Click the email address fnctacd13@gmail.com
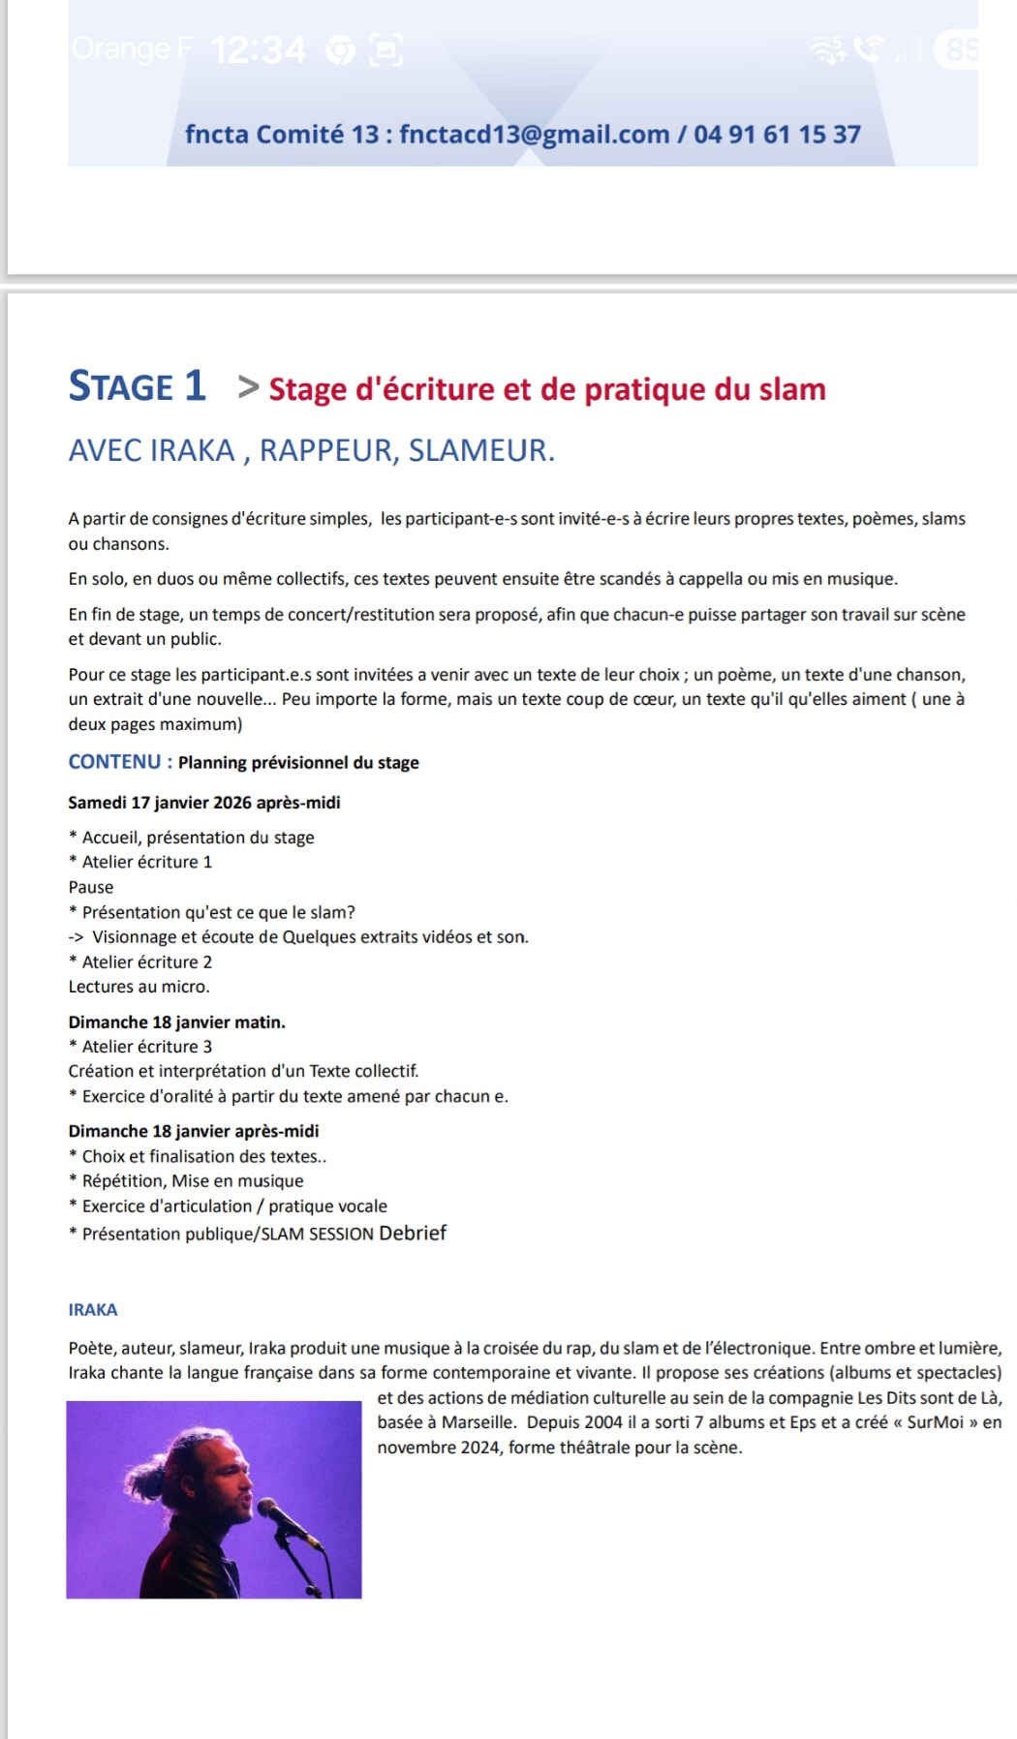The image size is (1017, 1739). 534,134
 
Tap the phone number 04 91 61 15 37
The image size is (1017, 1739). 777,134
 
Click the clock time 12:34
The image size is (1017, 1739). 258,49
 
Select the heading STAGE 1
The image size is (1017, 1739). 137,386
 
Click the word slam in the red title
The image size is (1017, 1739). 791,389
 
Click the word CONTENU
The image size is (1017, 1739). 114,762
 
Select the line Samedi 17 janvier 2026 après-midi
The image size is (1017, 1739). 203,803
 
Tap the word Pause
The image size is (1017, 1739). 91,887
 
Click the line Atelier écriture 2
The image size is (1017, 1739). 146,961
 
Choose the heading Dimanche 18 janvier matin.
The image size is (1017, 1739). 176,1022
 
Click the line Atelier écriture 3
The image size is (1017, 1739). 146,1046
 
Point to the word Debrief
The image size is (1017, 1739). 413,1233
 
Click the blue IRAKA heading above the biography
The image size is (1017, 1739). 93,1309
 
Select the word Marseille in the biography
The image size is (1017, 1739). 478,1422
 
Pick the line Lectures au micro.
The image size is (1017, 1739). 139,987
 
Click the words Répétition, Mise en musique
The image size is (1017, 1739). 192,1180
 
